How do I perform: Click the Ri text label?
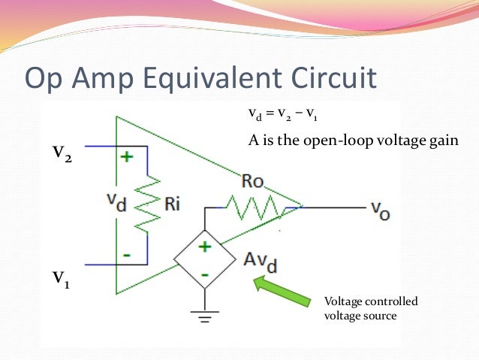(171, 204)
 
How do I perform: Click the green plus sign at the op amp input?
(126, 157)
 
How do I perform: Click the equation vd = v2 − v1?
(282, 116)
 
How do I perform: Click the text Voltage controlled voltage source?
(370, 309)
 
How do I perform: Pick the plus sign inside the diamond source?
(204, 247)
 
